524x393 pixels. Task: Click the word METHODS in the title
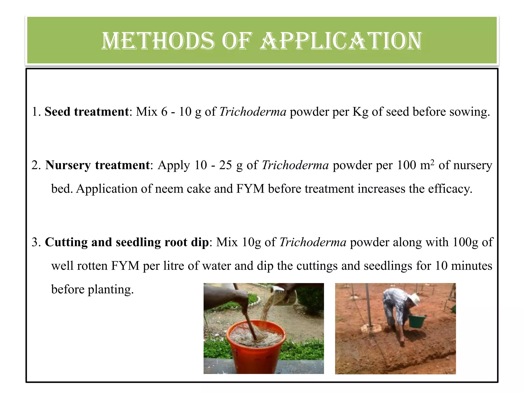[158, 41]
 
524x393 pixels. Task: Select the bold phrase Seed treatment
[87, 112]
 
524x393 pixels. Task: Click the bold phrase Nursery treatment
[97, 165]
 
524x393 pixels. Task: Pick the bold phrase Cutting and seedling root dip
[127, 242]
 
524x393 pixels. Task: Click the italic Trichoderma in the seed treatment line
[253, 112]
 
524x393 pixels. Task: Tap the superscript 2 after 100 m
[432, 162]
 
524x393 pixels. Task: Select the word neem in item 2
[169, 189]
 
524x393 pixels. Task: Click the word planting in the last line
[111, 289]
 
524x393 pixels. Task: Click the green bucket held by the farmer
[417, 321]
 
